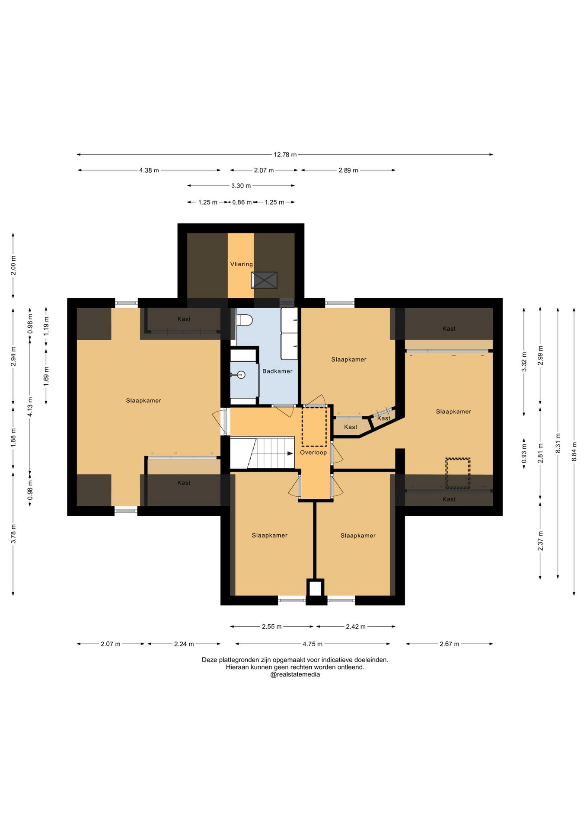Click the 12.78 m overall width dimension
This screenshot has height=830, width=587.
pos(285,154)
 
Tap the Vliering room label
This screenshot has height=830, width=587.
pos(241,264)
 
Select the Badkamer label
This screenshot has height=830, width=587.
pos(278,371)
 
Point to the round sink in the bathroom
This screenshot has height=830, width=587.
pos(241,375)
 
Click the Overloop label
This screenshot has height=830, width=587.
pos(313,452)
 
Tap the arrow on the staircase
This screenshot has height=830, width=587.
pos(290,453)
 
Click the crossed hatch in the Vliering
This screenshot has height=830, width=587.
pos(264,280)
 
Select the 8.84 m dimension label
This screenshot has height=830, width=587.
pos(574,451)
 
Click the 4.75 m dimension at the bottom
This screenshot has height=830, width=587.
pos(313,644)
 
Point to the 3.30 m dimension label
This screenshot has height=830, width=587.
pos(241,185)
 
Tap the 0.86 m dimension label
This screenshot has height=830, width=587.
pos(242,202)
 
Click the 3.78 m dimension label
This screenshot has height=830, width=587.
pos(13,534)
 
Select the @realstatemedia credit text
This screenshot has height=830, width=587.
pos(295,674)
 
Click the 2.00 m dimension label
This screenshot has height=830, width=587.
pos(13,265)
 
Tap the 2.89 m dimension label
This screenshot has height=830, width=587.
pos(348,170)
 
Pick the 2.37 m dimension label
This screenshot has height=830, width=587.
pos(540,541)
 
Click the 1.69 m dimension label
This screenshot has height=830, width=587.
pos(46,376)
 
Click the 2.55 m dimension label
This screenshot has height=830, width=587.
pos(271,626)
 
